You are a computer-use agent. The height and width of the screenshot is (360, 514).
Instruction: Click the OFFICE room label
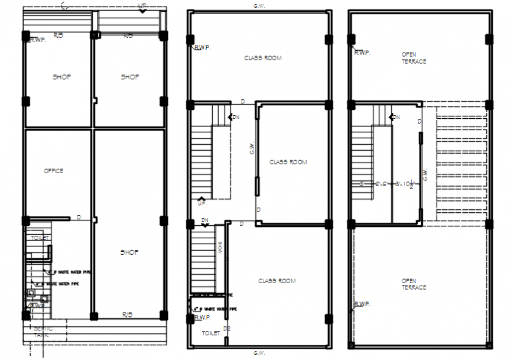(53, 171)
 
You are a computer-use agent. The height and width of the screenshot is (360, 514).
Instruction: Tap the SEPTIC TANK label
(43, 332)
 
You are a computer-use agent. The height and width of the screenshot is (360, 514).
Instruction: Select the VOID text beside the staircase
(220, 247)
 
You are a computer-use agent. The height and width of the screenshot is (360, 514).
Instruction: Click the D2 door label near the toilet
(226, 328)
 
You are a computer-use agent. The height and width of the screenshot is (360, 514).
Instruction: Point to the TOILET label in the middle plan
(210, 333)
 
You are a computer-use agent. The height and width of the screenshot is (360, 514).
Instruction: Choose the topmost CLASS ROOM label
(263, 58)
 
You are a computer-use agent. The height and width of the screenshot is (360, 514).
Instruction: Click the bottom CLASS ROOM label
(277, 281)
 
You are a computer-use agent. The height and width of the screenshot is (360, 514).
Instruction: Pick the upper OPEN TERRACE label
(414, 58)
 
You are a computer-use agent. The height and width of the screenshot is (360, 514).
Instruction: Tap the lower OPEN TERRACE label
(414, 284)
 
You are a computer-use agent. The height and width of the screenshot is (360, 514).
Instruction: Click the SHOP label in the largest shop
(129, 252)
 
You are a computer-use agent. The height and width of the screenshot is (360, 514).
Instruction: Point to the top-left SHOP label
(61, 77)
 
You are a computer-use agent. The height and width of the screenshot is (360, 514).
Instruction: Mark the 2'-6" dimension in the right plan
(381, 183)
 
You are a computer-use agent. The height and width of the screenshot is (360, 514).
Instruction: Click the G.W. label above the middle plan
(259, 6)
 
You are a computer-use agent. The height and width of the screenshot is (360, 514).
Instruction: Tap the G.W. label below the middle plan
(259, 353)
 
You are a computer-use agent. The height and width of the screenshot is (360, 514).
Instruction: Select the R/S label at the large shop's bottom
(128, 314)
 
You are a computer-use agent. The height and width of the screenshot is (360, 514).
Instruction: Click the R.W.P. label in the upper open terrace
(362, 52)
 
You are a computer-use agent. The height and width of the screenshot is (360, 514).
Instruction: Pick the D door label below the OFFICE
(79, 218)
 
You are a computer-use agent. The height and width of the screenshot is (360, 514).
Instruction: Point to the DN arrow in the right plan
(394, 117)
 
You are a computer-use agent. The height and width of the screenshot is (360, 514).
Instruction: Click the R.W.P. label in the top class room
(203, 47)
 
